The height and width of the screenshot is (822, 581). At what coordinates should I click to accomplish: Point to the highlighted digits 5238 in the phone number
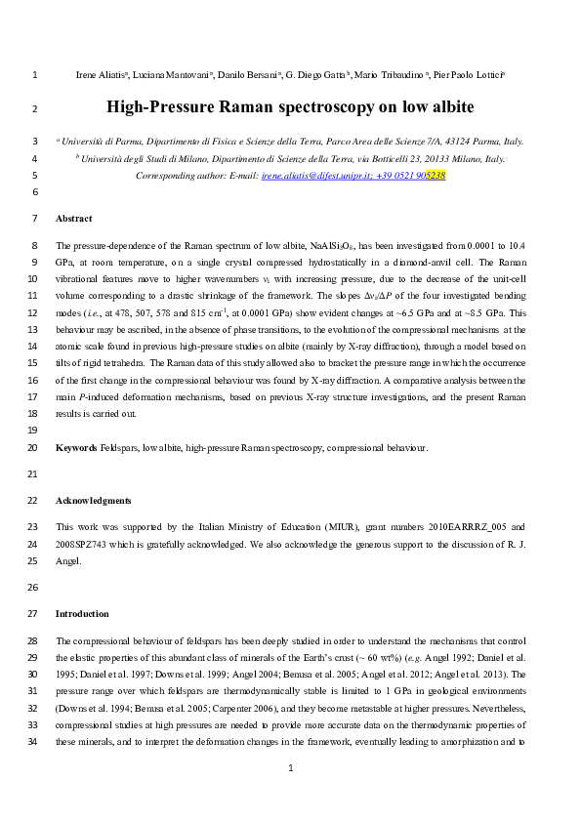tap(436, 176)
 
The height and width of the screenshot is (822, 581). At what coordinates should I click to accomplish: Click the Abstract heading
tap(74, 218)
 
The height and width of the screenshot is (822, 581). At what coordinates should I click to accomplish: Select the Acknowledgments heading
tap(93, 500)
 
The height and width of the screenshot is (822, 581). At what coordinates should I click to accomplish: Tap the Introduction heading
tap(82, 613)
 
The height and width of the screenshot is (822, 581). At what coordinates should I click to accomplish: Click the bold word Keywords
tap(76, 447)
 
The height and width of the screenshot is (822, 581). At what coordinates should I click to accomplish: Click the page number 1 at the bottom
tap(290, 797)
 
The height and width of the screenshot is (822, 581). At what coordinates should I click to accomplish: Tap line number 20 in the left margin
tap(34, 447)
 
